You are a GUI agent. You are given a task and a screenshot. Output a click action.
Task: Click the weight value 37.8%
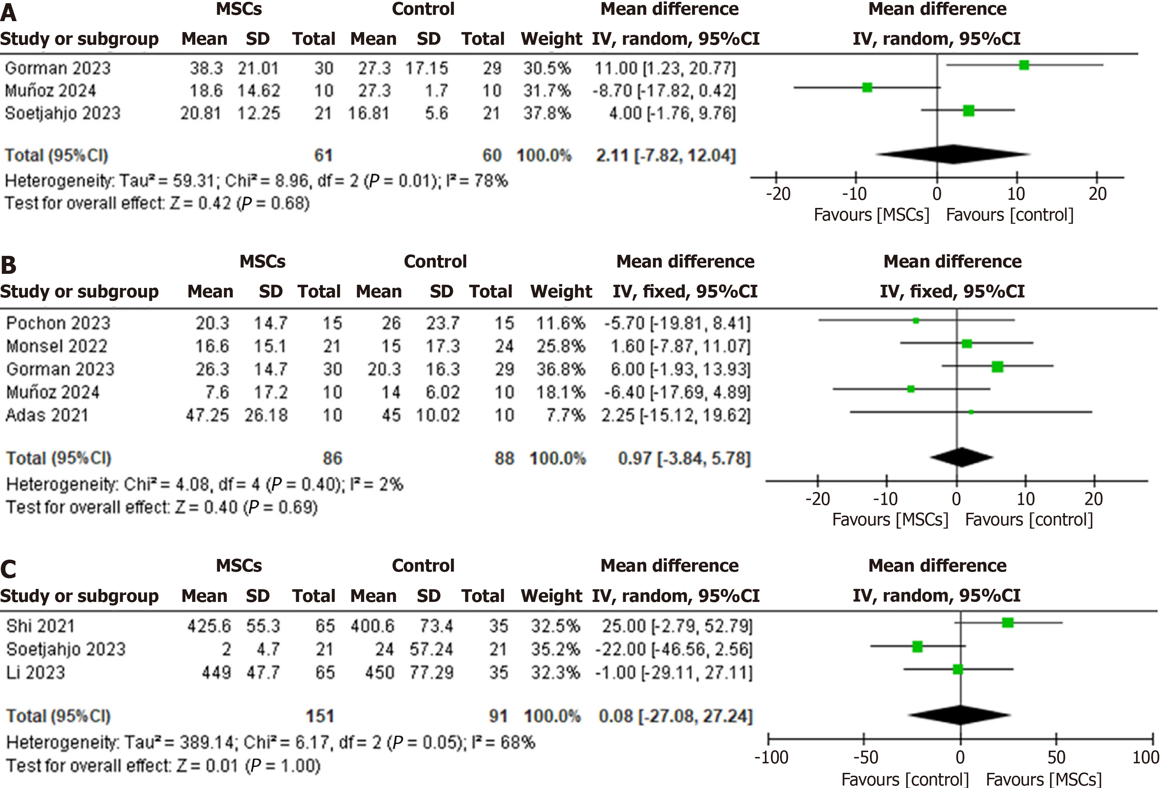547,113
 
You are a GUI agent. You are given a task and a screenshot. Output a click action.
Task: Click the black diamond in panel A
952,154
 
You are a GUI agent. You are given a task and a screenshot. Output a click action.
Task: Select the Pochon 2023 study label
58,323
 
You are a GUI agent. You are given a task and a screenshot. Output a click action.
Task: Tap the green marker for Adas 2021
971,412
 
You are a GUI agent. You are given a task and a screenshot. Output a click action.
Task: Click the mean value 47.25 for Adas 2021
207,415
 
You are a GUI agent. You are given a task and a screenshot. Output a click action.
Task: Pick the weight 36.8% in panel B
560,369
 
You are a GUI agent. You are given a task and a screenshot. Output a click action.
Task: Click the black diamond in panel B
961,457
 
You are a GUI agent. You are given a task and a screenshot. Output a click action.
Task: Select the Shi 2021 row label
41,626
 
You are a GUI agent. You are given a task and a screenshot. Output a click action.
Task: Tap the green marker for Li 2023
958,669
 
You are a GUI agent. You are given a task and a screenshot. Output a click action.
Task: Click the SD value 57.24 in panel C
431,649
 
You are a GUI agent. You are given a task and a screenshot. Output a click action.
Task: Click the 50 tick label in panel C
1056,757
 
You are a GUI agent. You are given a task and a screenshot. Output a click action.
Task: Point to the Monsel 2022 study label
57,346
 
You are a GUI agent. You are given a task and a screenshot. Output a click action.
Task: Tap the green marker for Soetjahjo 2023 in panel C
917,647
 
